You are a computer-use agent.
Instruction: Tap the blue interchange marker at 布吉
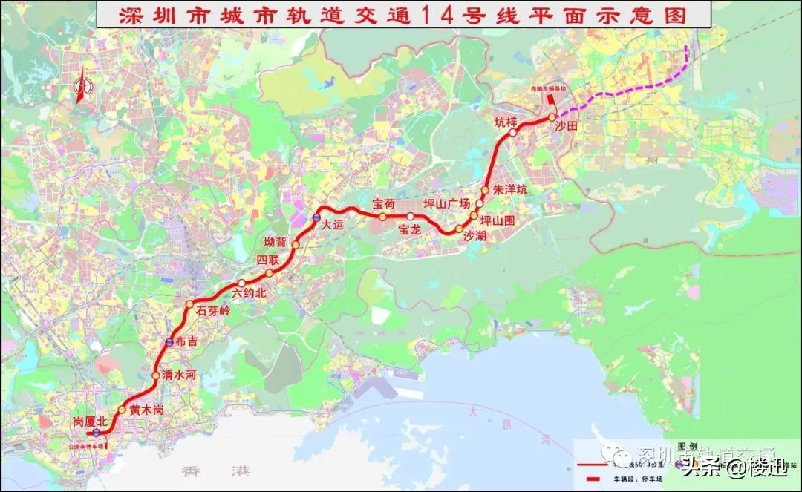point(170,342)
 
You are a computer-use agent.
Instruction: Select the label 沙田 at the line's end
point(566,127)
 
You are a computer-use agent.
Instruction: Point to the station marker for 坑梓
point(512,133)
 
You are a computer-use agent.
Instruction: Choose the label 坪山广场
point(447,204)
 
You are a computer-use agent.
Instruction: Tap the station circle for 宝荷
point(382,217)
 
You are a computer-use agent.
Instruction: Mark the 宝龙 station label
point(410,230)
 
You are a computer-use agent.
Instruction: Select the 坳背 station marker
point(295,245)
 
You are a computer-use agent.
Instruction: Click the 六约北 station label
point(249,293)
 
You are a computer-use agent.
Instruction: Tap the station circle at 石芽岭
point(189,305)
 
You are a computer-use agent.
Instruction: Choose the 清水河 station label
point(179,375)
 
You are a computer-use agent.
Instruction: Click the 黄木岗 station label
point(146,410)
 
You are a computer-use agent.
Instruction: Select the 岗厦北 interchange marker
point(96,432)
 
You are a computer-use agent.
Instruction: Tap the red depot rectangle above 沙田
point(550,102)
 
